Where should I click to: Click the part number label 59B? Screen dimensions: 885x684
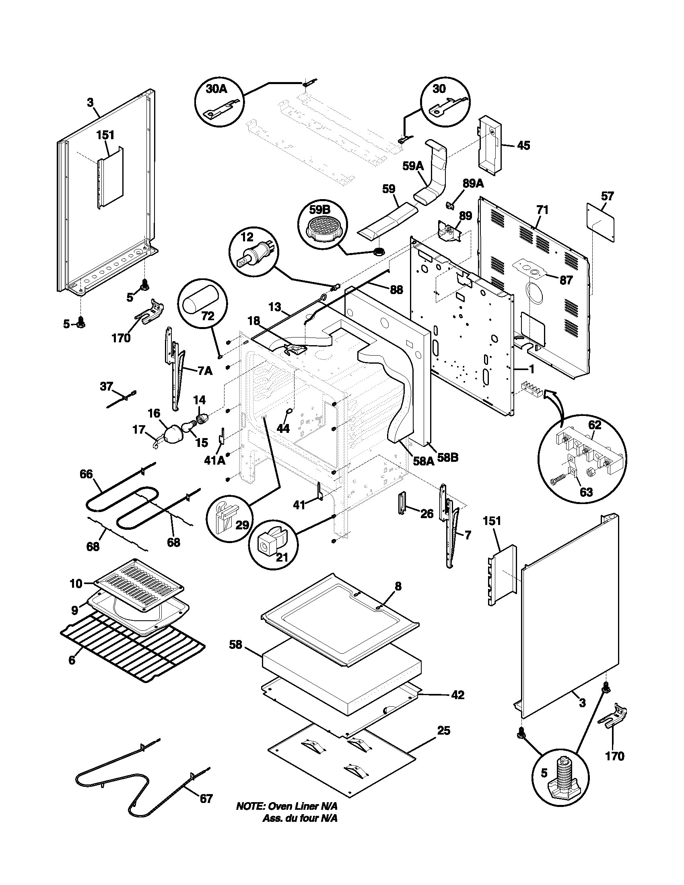(320, 210)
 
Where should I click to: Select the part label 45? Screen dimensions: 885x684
(524, 146)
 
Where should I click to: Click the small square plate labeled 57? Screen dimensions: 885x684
(601, 223)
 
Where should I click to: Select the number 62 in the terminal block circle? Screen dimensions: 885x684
(595, 426)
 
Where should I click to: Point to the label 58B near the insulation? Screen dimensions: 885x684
(448, 458)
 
